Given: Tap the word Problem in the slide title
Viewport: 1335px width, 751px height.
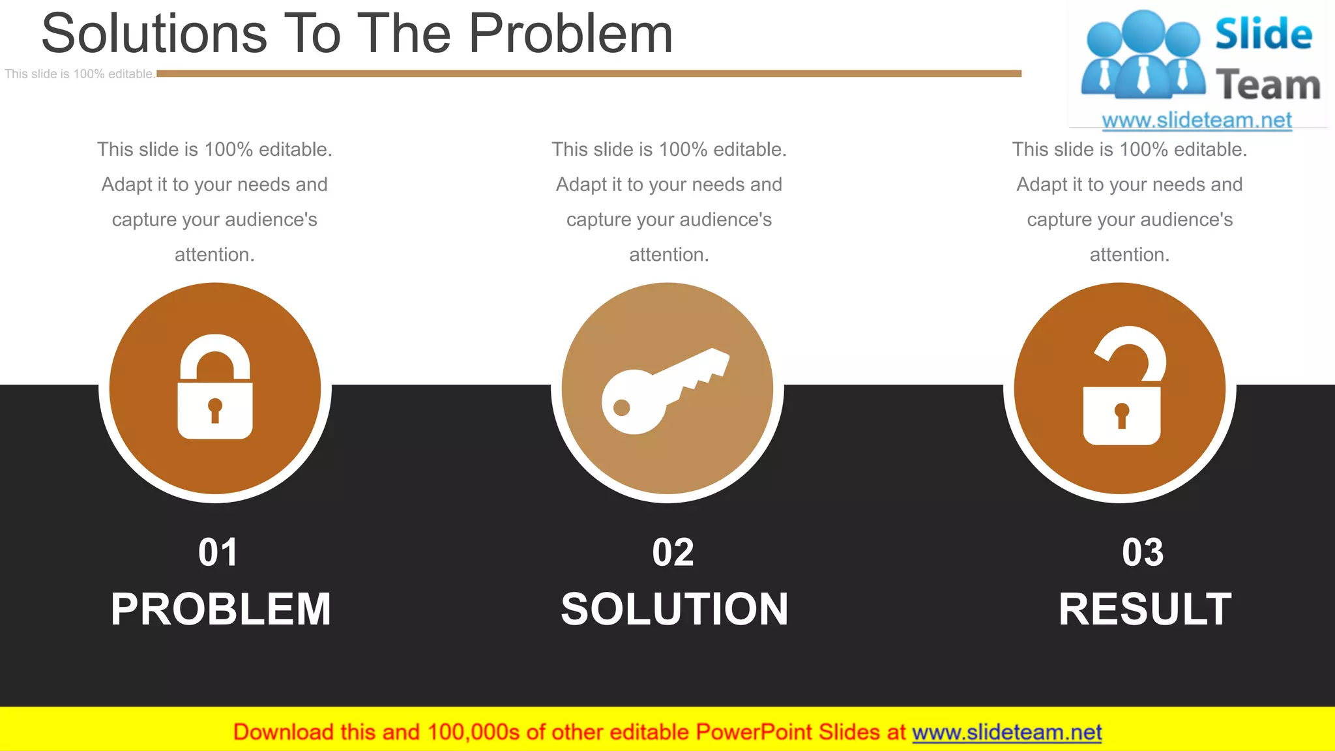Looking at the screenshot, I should [x=571, y=34].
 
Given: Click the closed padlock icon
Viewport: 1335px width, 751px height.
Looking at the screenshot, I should [x=215, y=388].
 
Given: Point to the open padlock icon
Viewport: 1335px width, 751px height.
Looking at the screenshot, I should [x=1123, y=387].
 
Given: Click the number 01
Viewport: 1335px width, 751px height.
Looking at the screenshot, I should [x=218, y=553].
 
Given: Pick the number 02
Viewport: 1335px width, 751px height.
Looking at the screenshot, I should [x=673, y=553].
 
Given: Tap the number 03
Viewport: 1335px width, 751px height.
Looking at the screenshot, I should [x=1143, y=553].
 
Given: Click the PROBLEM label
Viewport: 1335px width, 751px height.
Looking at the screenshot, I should [x=221, y=610].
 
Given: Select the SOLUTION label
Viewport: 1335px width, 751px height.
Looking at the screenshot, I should [x=675, y=610].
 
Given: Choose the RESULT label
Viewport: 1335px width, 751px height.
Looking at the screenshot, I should [x=1145, y=610].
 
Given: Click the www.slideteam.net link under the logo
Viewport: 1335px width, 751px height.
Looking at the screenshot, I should [x=1197, y=121].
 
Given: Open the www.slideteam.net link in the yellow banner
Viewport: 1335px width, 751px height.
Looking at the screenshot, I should [x=1006, y=733].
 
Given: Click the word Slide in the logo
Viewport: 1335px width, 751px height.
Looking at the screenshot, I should [x=1263, y=34].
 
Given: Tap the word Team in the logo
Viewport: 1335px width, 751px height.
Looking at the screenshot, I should [x=1268, y=85].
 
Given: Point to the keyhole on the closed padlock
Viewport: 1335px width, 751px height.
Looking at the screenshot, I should [x=215, y=409].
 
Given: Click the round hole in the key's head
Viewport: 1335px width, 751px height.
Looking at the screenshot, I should [x=622, y=408].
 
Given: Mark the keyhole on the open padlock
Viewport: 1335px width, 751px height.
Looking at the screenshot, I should [x=1122, y=415].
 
